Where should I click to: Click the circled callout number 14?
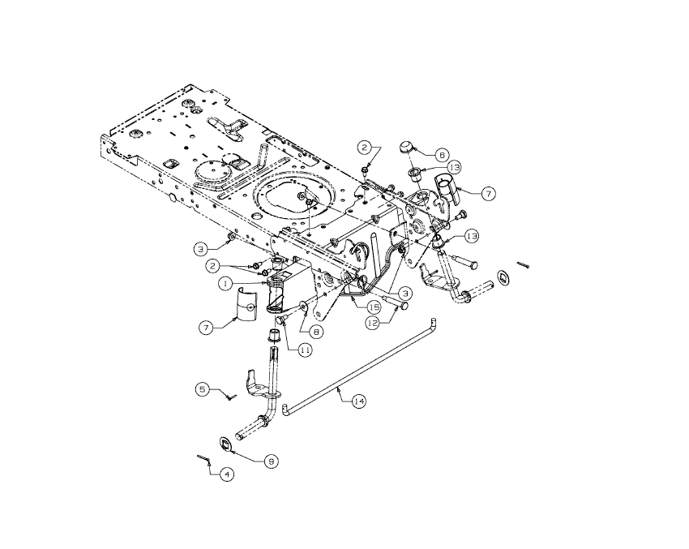pyautogui.click(x=358, y=401)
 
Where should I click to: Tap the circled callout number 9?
pyautogui.click(x=272, y=460)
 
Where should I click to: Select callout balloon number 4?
pyautogui.click(x=228, y=473)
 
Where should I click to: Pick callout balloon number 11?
pyautogui.click(x=305, y=350)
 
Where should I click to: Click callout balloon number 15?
pyautogui.click(x=374, y=307)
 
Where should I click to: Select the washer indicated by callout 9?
pyautogui.click(x=227, y=444)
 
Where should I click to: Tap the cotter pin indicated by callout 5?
pyautogui.click(x=230, y=397)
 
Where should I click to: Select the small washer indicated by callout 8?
pyautogui.click(x=302, y=307)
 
